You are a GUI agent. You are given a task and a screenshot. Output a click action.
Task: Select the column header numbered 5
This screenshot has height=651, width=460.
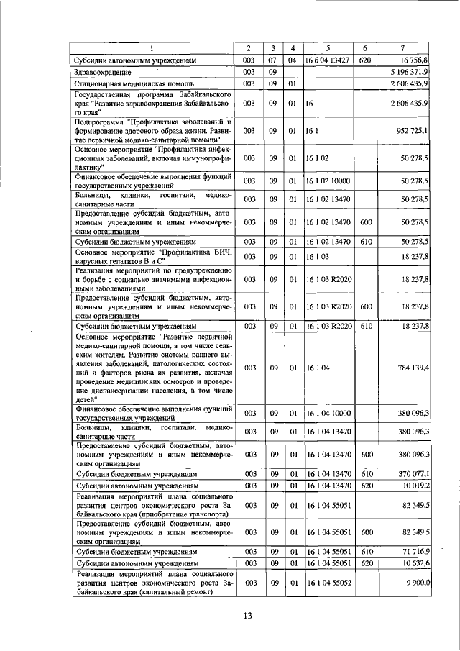click(327, 47)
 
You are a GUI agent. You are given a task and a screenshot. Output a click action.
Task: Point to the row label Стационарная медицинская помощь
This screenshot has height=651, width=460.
click(124, 83)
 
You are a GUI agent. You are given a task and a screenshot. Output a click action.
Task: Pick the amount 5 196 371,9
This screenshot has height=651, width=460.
click(410, 72)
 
